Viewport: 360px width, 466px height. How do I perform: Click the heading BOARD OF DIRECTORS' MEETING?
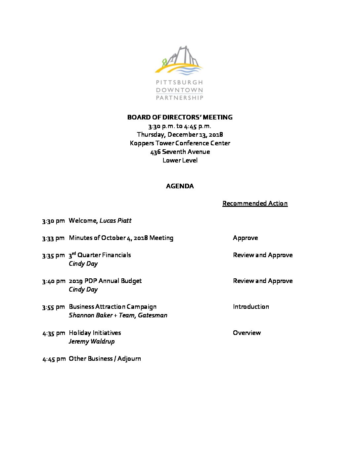click(x=180, y=117)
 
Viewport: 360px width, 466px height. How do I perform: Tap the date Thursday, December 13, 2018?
click(x=180, y=134)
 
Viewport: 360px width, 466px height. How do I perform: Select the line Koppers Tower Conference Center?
click(x=180, y=143)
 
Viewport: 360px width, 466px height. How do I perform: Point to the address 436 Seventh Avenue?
click(x=180, y=152)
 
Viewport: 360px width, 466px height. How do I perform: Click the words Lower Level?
click(x=180, y=160)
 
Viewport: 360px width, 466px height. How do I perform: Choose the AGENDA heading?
click(x=180, y=186)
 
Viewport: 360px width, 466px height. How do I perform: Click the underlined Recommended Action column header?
click(x=255, y=203)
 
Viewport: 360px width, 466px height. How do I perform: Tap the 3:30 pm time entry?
click(x=53, y=221)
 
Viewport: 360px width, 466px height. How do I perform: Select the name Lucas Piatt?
click(x=115, y=220)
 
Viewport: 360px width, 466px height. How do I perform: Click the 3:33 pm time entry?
click(x=53, y=238)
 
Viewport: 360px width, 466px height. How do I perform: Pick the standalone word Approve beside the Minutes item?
click(x=245, y=238)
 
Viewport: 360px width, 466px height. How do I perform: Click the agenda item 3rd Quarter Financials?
click(x=100, y=255)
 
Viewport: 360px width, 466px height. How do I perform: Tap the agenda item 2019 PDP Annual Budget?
click(x=105, y=281)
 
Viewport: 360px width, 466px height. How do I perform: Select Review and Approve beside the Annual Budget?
click(x=263, y=281)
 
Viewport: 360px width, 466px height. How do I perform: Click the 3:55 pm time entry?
click(x=53, y=307)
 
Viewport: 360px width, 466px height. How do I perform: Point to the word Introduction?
click(x=251, y=306)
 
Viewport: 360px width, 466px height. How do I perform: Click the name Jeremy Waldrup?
click(x=92, y=341)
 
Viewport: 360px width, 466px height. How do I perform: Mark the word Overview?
click(x=247, y=333)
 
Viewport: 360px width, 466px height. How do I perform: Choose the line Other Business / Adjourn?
click(x=105, y=358)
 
